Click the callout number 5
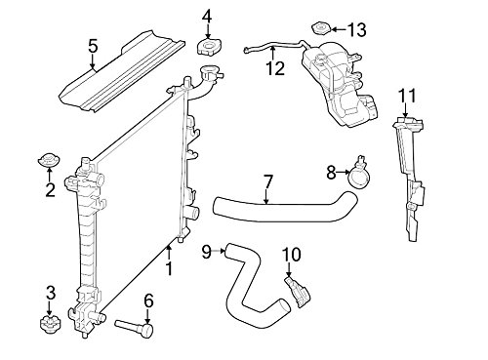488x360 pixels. tap(93, 46)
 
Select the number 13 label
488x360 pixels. tap(357, 30)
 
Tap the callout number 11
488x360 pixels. tap(407, 96)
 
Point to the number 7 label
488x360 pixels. tap(267, 181)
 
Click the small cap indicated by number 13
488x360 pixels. tap(321, 28)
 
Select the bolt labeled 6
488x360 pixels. tap(135, 328)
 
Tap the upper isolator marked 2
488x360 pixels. tap(49, 160)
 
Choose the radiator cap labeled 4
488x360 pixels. tap(208, 47)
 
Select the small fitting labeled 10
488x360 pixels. tap(298, 292)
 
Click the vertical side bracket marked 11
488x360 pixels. tap(409, 179)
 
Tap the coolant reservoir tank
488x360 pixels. tap(339, 85)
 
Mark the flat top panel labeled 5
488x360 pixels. tap(122, 71)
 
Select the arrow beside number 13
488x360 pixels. tap(339, 29)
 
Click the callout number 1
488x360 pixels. tap(169, 268)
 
